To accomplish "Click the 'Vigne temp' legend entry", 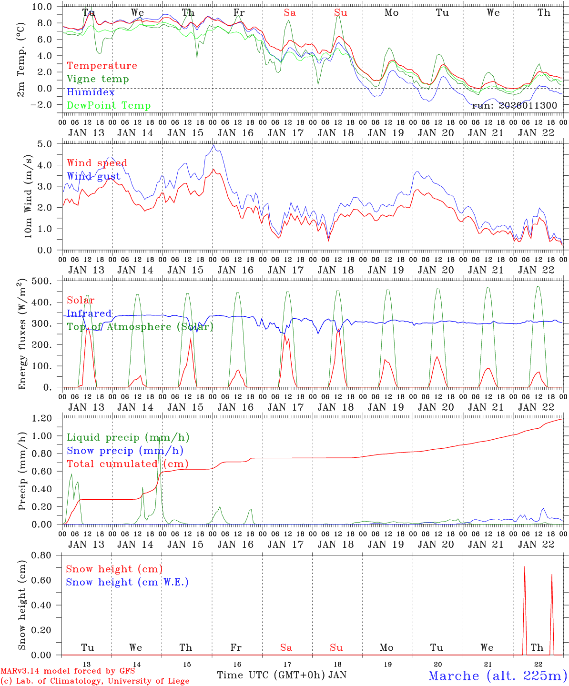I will (x=98, y=79).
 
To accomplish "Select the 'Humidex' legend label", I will (x=91, y=92).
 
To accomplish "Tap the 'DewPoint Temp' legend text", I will (x=109, y=106).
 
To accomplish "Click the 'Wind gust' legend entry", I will (x=93, y=177).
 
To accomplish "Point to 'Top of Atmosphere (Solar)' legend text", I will (x=140, y=327).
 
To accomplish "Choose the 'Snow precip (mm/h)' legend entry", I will (x=125, y=451).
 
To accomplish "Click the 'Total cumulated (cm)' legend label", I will (x=127, y=464).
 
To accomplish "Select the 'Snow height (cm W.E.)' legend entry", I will (x=127, y=582).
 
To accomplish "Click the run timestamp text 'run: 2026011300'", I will (x=514, y=105).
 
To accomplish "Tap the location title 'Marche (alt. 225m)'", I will (x=498, y=676).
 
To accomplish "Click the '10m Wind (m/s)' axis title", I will (x=28, y=196).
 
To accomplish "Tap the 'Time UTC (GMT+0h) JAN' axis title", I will (x=282, y=675).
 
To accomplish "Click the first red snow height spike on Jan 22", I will (x=525, y=567).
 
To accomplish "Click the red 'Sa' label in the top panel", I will (x=290, y=13).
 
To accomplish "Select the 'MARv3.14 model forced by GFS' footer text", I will (x=67, y=671).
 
